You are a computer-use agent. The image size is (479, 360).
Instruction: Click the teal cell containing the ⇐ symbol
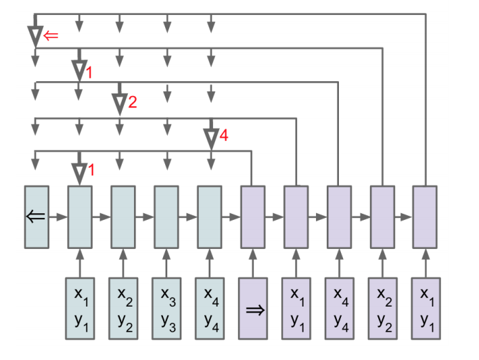click(x=37, y=217)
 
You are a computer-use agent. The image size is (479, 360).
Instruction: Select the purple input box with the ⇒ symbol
click(x=252, y=309)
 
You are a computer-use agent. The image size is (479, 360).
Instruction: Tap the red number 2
click(x=133, y=103)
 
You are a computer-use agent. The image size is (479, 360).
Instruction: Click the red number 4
click(x=224, y=136)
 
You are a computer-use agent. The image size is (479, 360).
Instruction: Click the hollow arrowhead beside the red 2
click(x=119, y=103)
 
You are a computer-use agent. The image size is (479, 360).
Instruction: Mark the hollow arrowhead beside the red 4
click(x=211, y=137)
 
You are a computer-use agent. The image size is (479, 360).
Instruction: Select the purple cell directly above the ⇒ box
click(x=252, y=217)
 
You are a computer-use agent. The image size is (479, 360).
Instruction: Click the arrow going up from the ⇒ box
click(x=252, y=263)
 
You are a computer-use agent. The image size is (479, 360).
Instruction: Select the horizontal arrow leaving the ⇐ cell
click(x=58, y=217)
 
